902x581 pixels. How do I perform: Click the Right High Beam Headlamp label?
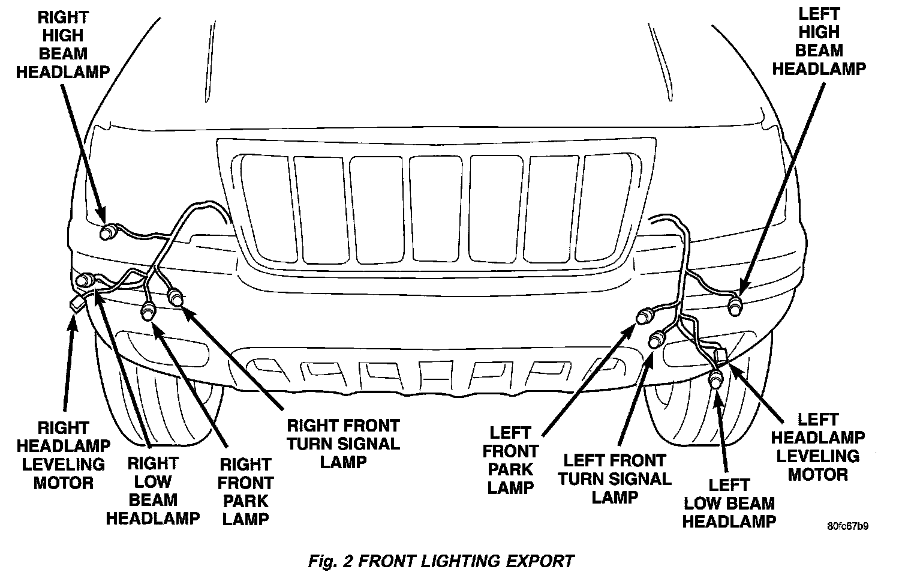(62, 44)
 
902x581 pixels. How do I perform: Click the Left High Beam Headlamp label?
(819, 41)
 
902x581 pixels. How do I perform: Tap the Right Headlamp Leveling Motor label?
(64, 455)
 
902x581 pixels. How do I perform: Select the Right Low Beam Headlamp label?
(152, 490)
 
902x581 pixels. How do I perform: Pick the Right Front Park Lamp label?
(245, 492)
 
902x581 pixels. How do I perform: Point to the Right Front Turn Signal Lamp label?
(343, 444)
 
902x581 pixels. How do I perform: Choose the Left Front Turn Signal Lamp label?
(615, 478)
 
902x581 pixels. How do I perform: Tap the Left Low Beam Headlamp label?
(729, 503)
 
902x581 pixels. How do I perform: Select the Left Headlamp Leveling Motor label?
(817, 447)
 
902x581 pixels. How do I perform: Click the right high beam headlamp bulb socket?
(108, 230)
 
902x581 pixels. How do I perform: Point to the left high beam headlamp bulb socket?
(735, 307)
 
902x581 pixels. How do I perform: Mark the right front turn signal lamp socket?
(176, 297)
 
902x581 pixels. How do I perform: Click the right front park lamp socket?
(148, 312)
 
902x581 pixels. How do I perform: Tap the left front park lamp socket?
(645, 315)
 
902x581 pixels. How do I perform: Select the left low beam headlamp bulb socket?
(716, 379)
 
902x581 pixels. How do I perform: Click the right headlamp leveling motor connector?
(77, 305)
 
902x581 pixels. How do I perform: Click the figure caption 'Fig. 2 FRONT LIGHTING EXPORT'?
(441, 561)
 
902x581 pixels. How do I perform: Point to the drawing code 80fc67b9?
(847, 526)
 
